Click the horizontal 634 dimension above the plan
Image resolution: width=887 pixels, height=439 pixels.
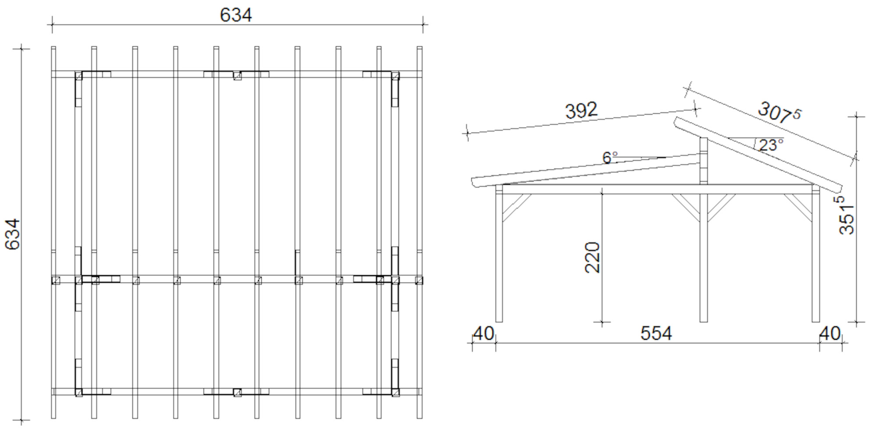[235, 15]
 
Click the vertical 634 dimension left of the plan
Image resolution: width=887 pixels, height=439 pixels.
[13, 234]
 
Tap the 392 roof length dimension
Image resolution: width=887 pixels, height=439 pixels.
[581, 110]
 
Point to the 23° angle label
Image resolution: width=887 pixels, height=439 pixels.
[771, 145]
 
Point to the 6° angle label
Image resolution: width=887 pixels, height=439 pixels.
[609, 157]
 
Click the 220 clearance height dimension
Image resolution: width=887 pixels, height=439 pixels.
[592, 257]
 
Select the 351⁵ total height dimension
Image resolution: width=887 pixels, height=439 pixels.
[847, 215]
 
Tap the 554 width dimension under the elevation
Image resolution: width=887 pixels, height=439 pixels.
[656, 333]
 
